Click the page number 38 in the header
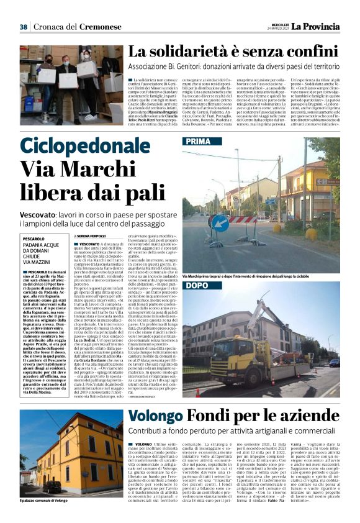[x=24, y=27]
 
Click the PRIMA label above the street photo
[x=198, y=142]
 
